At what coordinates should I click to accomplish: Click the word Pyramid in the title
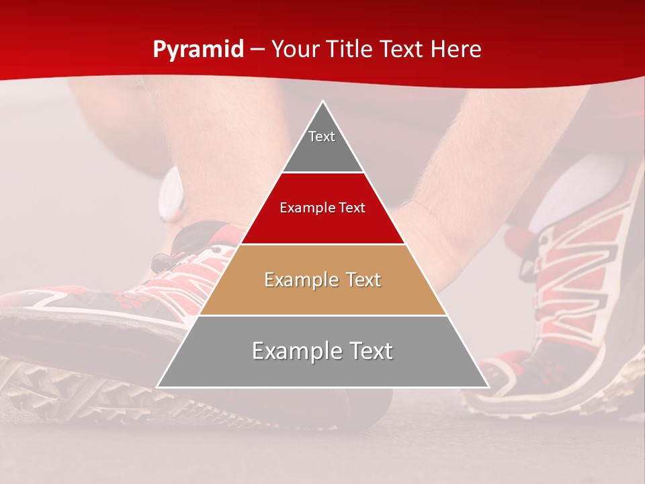click(198, 50)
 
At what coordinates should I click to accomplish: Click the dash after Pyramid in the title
click(257, 50)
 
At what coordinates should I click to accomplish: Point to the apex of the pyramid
click(323, 102)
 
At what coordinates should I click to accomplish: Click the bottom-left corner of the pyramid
click(158, 387)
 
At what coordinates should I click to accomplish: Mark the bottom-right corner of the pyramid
click(488, 387)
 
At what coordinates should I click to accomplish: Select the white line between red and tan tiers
click(322, 244)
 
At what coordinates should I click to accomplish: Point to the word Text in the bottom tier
click(367, 351)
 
